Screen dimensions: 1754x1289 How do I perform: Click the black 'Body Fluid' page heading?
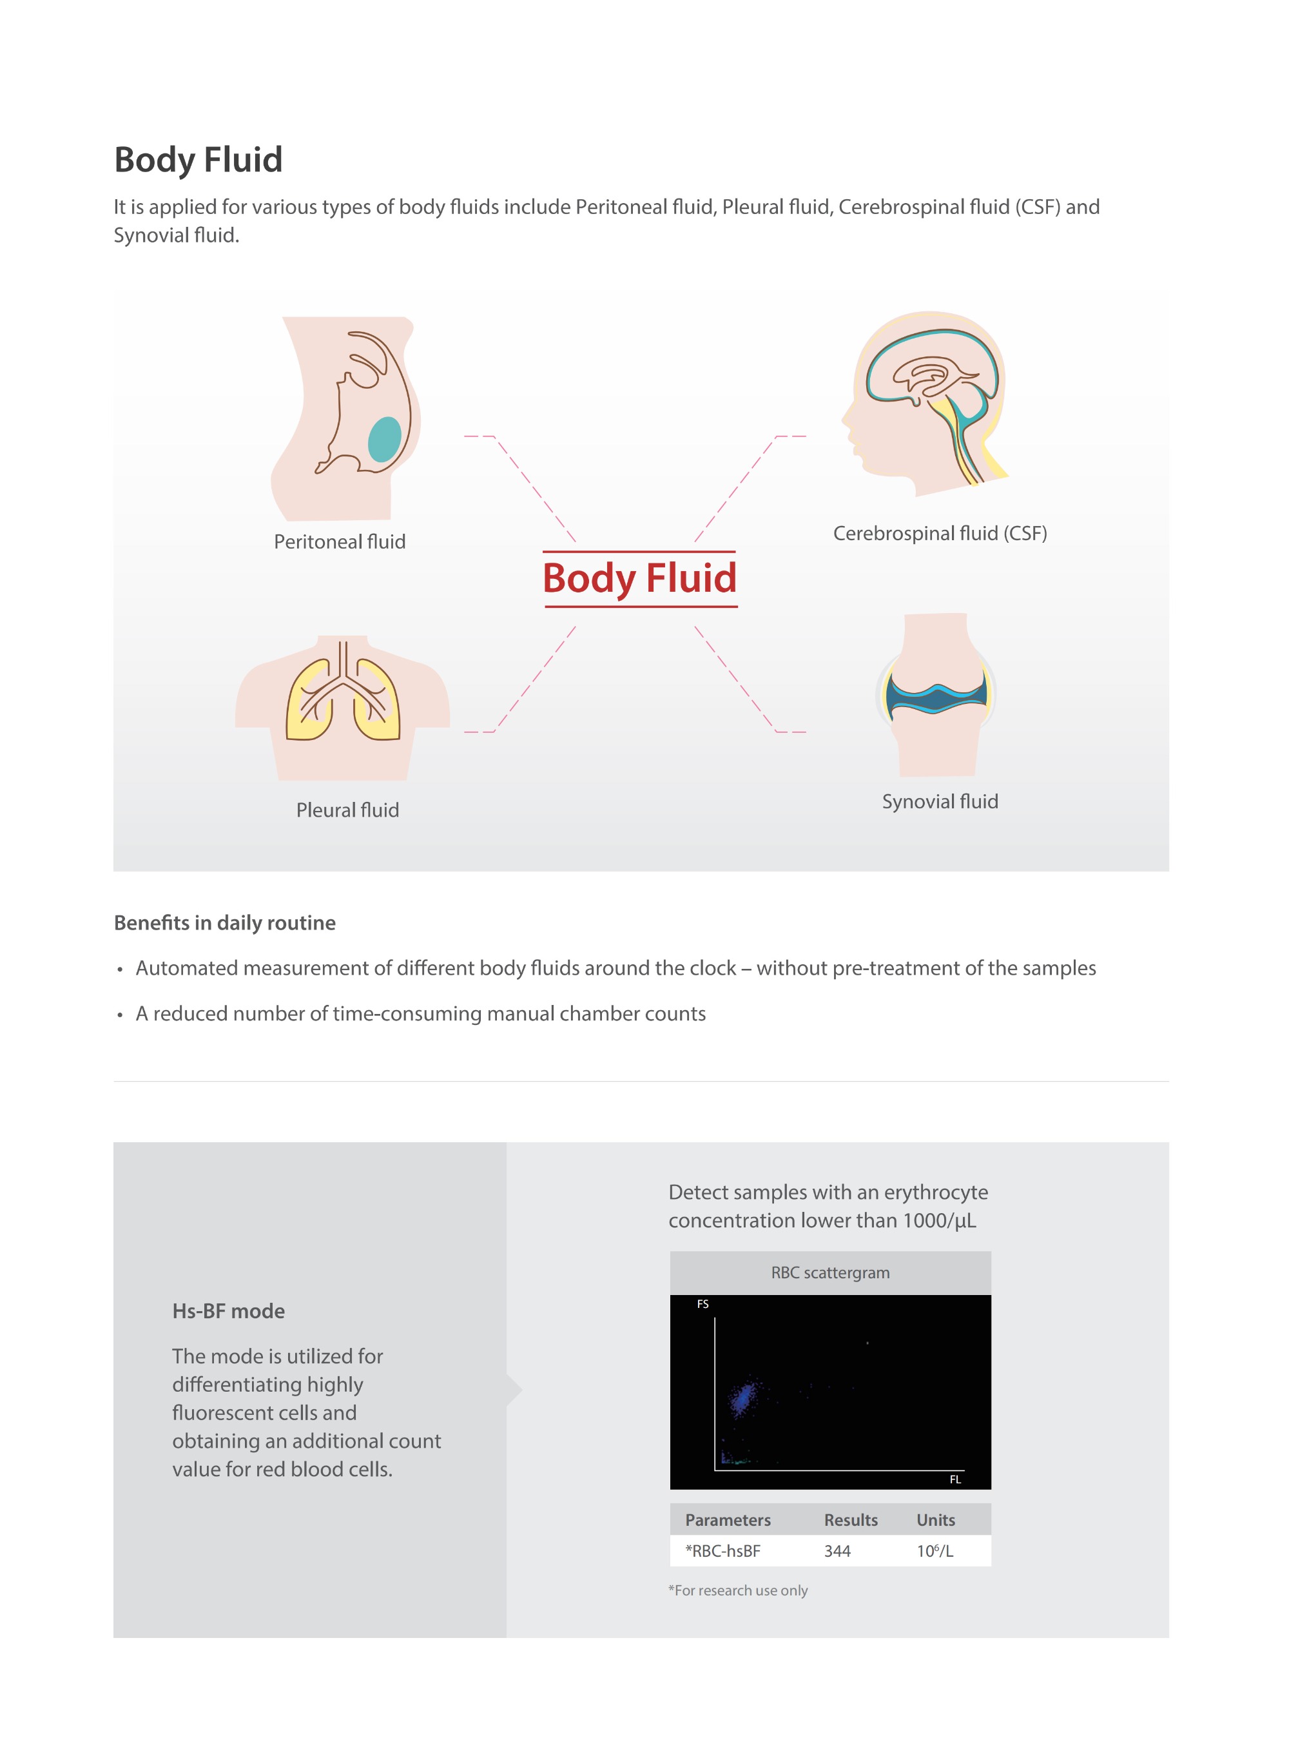[199, 160]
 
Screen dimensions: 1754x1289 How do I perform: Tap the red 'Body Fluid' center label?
[639, 578]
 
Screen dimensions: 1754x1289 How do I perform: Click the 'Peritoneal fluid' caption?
[340, 541]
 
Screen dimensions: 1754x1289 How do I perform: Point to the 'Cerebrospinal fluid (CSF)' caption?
[940, 533]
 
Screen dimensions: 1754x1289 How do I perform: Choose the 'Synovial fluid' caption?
[940, 801]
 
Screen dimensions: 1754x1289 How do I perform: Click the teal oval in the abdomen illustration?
[384, 438]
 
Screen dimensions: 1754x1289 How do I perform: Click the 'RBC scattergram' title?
[829, 1272]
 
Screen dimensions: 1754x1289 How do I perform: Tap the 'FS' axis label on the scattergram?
[703, 1304]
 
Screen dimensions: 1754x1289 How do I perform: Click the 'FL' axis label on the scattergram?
[955, 1479]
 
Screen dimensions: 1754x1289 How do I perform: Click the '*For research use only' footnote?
[737, 1590]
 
